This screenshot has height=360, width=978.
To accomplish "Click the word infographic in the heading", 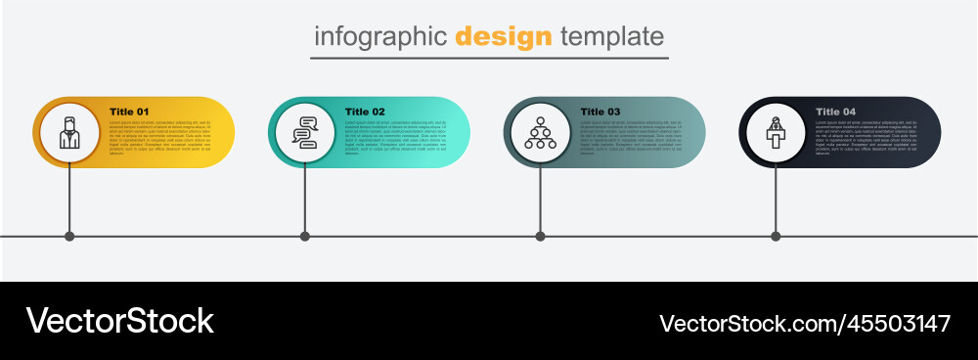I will pos(380,37).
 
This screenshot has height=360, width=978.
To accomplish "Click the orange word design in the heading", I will pos(504,37).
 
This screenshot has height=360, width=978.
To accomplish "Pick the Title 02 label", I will pos(365,112).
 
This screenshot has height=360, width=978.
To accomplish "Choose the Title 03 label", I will pos(600,112).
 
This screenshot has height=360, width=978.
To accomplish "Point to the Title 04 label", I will pos(836,112).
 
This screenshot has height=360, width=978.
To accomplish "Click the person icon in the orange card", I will pos(69,132).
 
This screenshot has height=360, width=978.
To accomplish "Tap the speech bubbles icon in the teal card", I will pos(305,132).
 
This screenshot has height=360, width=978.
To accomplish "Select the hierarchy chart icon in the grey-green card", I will pos(541,132).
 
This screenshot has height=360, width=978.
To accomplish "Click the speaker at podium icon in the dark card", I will pos(777,132).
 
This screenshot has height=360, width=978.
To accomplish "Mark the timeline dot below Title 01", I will pos(69,236).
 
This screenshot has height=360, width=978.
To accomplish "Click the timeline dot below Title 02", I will pos(305,236).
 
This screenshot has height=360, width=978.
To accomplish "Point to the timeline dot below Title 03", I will pos(541,236).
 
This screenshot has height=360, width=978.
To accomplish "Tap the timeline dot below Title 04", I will pos(777,236).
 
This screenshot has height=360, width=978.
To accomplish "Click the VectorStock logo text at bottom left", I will pos(119,321).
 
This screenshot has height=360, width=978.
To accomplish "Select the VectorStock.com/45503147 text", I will pos(805,323).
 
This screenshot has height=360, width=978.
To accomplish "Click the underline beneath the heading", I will pos(489,59).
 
